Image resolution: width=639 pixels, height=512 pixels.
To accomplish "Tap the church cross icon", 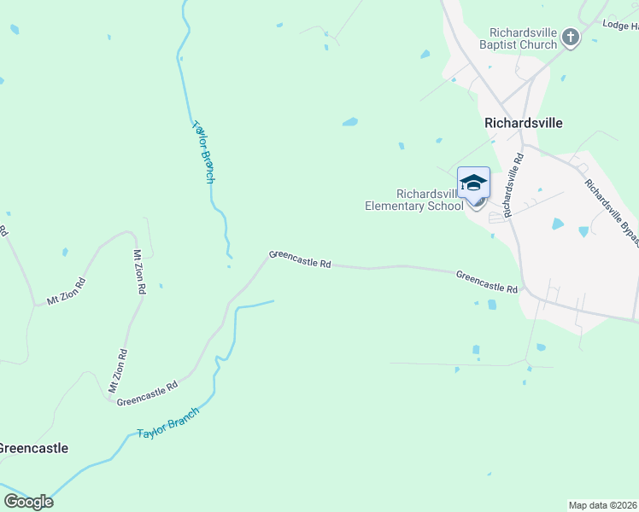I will click(x=571, y=38).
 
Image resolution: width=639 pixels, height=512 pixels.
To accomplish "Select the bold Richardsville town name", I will click(x=524, y=122).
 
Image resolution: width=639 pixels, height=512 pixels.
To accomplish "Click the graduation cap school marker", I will click(x=474, y=182).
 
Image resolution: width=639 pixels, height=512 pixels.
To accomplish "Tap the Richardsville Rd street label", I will click(x=513, y=184).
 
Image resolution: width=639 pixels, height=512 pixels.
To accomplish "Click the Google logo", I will click(x=28, y=502).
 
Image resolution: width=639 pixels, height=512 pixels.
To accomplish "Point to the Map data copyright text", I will click(x=603, y=504).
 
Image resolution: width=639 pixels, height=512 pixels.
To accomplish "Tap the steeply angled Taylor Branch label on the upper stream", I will click(x=203, y=151).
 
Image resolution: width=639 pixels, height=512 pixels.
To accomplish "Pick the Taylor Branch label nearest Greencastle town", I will click(x=168, y=423).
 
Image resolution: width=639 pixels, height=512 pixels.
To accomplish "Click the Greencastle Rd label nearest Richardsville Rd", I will click(x=487, y=282).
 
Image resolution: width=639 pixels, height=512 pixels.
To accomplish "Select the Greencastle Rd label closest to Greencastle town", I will click(x=147, y=393).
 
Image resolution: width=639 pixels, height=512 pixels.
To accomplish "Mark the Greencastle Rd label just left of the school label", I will click(x=300, y=259).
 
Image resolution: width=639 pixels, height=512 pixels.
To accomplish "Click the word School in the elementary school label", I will click(x=445, y=206).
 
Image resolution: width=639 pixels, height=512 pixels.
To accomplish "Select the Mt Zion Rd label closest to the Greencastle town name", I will click(x=118, y=369).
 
